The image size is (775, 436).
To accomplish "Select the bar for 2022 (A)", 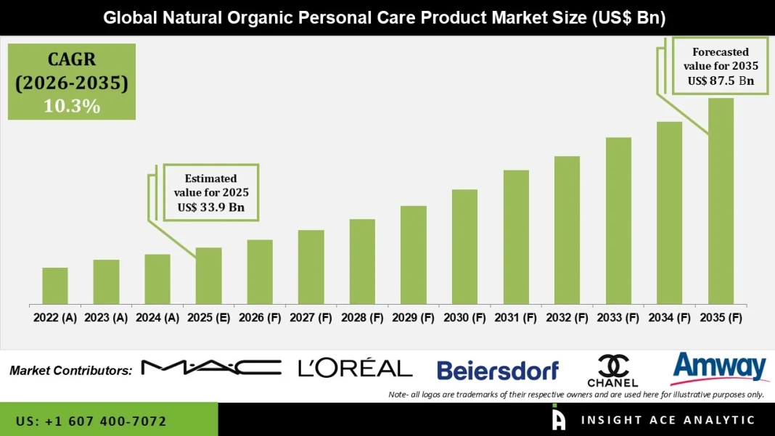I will pos(55,286).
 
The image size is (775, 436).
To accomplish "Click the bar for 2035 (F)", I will pos(721,201).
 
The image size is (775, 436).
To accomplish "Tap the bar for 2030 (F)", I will pos(464,247).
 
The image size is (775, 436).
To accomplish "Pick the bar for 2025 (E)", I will pos(208,276).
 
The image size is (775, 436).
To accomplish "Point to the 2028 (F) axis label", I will pos(362,317).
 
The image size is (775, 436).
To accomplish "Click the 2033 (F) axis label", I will pos(618,317).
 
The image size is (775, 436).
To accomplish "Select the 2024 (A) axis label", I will pos(157,317).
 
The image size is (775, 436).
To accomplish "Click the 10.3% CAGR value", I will pos(71,106).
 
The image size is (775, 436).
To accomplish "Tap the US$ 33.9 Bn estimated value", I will pos(210,207).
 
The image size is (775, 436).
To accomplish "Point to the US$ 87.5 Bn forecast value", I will pos(721,81).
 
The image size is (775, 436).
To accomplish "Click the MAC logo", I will pos(210,368).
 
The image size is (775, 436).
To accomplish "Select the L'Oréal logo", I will pos(355,368).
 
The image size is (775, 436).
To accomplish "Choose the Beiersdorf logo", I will pos(498,371).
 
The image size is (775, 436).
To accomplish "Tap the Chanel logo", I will pos(612,371).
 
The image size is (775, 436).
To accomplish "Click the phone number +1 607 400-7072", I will pos(91,421).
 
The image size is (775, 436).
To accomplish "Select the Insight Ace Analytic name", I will pos(668,420).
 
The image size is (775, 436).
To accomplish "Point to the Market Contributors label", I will pos(70,371).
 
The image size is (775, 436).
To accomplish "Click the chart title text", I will pos(385,17).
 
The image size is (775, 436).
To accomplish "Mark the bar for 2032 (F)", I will pos(567,230).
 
